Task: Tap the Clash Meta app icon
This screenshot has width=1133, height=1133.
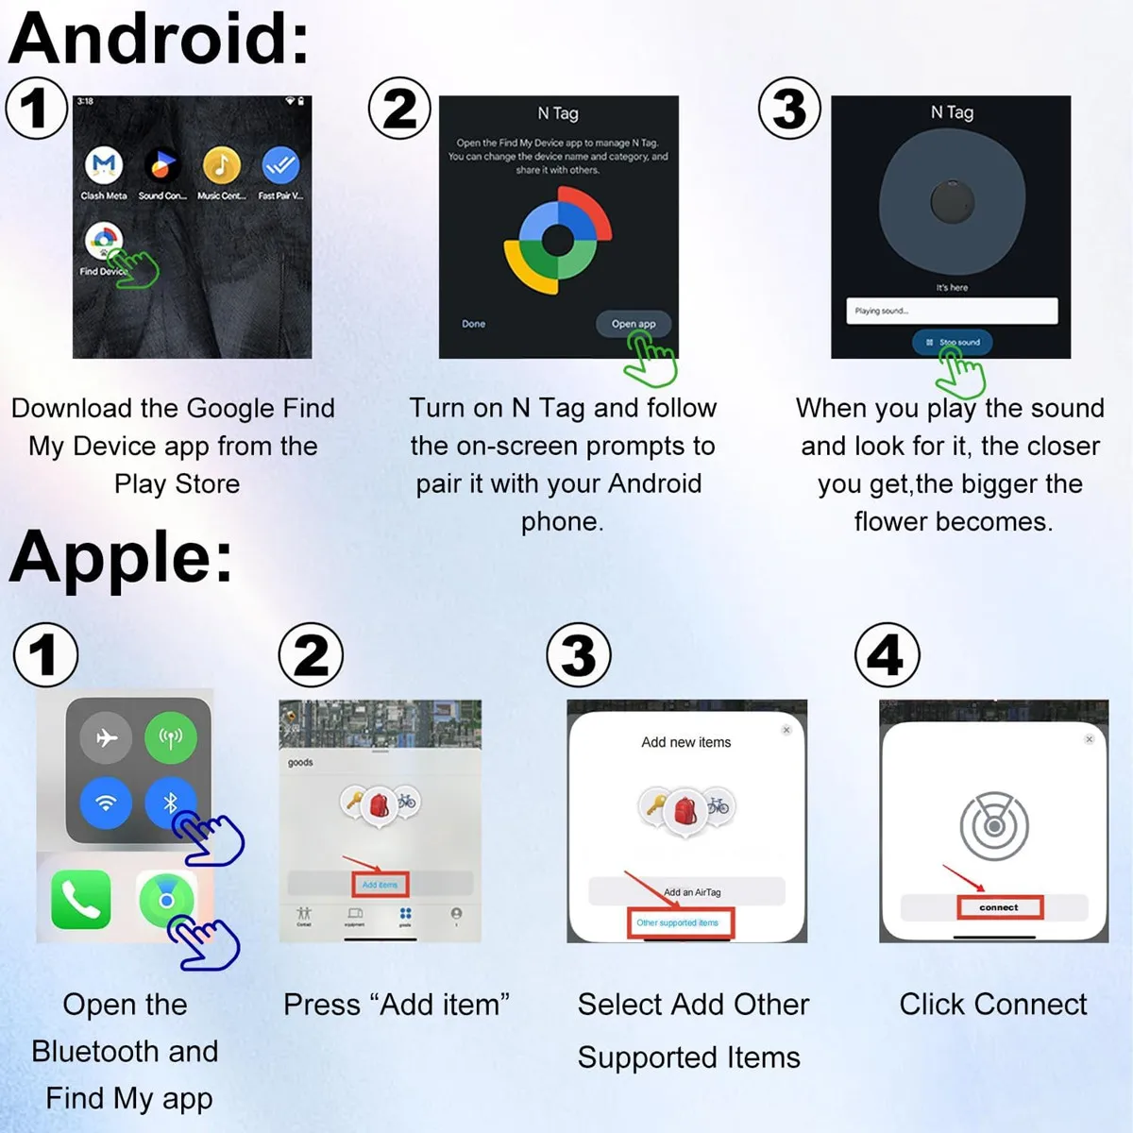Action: (x=104, y=165)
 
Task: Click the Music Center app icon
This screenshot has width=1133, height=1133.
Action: (x=221, y=165)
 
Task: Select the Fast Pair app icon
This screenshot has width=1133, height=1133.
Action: (x=280, y=165)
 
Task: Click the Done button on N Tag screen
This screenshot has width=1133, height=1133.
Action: (x=473, y=324)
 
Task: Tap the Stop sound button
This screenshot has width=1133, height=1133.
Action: (x=952, y=342)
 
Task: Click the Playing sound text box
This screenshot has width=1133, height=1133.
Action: (x=951, y=311)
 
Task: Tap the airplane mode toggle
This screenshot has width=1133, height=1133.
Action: (x=106, y=736)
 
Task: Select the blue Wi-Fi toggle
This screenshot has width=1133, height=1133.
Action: (x=106, y=803)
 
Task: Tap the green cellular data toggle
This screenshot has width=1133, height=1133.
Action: (x=171, y=736)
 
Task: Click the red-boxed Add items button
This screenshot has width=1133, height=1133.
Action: (x=380, y=885)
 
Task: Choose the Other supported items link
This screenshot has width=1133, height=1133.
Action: (x=679, y=922)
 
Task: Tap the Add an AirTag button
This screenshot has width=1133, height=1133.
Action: (x=686, y=891)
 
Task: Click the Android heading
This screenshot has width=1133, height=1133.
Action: (x=159, y=40)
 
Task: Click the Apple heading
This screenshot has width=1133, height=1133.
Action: (x=121, y=557)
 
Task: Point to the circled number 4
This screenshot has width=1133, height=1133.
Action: (x=886, y=654)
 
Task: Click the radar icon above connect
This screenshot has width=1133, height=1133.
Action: (x=993, y=826)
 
